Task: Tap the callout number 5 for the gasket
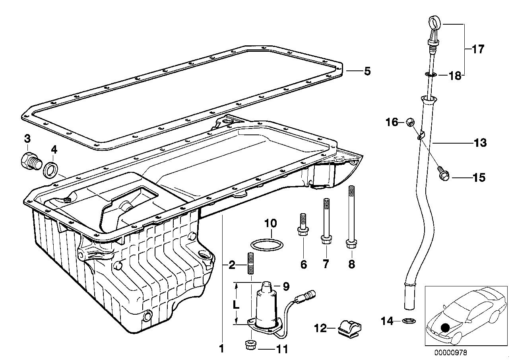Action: pos(367,72)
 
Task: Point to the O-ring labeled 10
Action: pos(267,243)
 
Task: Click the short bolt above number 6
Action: pos(303,225)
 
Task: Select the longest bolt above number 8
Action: pos(351,217)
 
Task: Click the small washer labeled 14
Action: pos(407,321)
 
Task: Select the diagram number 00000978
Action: pos(451,352)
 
